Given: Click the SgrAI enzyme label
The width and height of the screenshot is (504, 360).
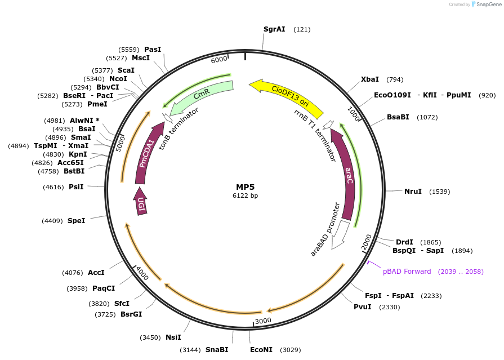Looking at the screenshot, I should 274,29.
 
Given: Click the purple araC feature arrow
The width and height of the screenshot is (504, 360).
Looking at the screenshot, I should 347,175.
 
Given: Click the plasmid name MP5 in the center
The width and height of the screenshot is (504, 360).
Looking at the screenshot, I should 246,186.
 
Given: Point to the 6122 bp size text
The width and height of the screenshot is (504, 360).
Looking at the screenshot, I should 246,196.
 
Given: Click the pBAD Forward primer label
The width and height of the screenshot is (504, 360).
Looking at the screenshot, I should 407,272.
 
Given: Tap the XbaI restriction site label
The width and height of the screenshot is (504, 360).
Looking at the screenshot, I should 370,79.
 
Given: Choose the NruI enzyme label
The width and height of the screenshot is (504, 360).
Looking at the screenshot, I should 413,192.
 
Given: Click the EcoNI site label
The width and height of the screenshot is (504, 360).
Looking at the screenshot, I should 261,350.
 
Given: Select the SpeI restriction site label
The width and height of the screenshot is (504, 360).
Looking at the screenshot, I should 76,221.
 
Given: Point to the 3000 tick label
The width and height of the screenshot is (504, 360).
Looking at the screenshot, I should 264,321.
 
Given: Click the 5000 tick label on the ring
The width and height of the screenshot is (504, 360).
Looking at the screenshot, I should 120,143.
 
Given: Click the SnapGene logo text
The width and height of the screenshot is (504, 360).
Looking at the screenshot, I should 488,5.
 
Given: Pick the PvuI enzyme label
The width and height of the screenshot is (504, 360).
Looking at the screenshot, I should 363,307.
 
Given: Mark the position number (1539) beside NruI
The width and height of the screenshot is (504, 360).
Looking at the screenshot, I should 440,192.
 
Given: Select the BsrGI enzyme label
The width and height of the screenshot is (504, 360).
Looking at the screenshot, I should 131,314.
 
